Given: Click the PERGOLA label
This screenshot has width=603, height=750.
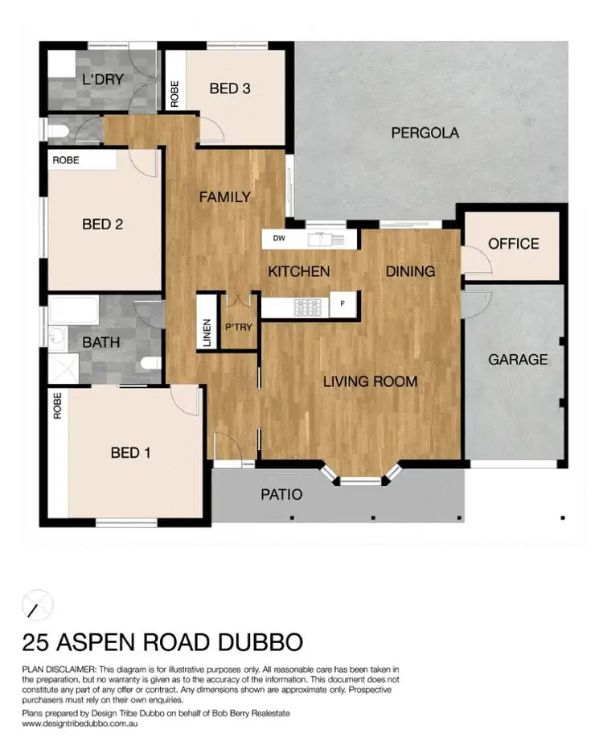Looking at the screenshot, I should click(x=425, y=133).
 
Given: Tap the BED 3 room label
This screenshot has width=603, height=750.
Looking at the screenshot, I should click(x=229, y=89).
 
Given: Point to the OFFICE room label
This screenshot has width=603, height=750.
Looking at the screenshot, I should click(x=513, y=244).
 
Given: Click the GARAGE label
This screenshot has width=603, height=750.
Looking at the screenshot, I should click(x=518, y=360).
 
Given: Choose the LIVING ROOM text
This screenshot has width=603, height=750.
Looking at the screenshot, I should click(x=370, y=381).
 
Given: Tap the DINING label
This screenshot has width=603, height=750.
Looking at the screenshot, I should click(x=410, y=271).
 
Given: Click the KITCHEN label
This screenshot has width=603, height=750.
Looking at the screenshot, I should click(x=298, y=271).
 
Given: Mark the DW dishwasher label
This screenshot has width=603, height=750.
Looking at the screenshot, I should click(x=280, y=238).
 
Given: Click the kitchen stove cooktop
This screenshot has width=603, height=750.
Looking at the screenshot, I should click(x=310, y=306).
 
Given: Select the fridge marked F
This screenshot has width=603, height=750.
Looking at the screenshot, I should click(x=343, y=305).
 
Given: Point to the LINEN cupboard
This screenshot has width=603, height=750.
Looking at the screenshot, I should click(x=207, y=323).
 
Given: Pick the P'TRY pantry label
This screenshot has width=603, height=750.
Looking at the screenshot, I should click(x=238, y=328).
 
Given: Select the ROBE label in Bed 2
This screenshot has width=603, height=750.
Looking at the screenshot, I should click(x=66, y=160).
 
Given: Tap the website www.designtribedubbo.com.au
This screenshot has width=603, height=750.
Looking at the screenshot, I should click(x=88, y=723).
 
